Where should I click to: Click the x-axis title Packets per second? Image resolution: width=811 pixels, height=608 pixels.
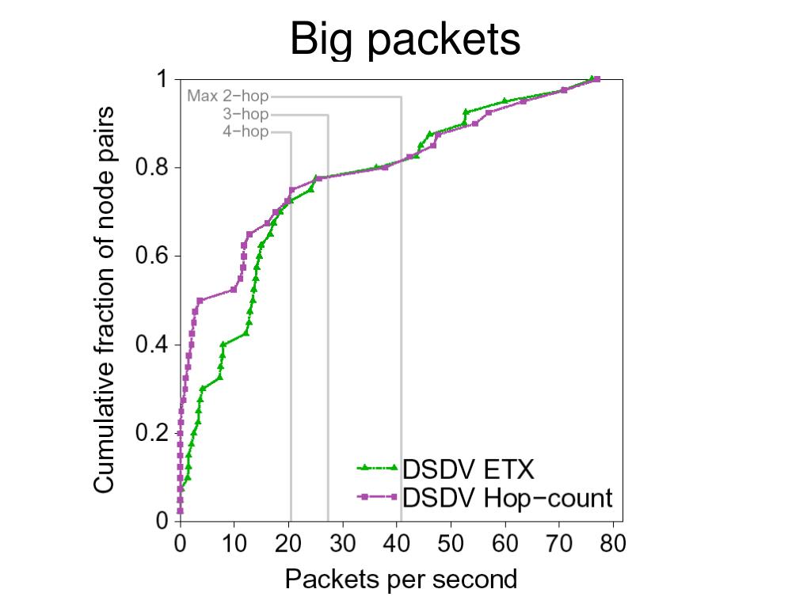tap(401, 579)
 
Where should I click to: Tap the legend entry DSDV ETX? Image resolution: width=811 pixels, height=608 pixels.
tap(468, 469)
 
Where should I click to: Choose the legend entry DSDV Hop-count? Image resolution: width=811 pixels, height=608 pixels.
tap(507, 497)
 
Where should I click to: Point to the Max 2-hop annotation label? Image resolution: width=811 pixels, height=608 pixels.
tap(228, 97)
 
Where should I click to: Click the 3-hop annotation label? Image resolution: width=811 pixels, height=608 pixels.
tap(246, 115)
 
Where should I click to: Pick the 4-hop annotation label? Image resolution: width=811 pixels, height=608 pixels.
tap(246, 132)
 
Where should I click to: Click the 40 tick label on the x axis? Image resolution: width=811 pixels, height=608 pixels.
tap(397, 544)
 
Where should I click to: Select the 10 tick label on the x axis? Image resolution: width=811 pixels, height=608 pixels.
tap(234, 544)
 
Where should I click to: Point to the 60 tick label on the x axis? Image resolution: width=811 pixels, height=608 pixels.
tap(505, 544)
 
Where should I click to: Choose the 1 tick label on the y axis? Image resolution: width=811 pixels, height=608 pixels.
tap(162, 79)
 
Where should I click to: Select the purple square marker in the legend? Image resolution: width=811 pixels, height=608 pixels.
tap(365, 497)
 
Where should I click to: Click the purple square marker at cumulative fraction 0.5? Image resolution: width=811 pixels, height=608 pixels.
tap(200, 301)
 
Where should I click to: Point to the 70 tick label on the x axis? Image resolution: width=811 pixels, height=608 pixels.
tap(560, 544)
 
